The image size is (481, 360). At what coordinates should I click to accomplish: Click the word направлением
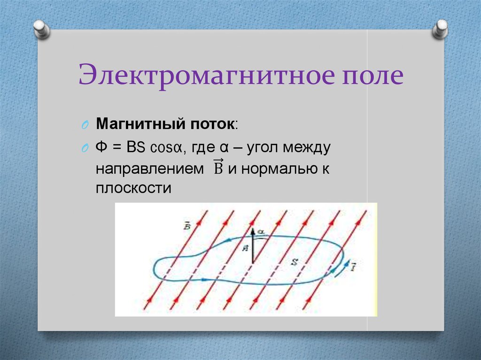tap(147, 169)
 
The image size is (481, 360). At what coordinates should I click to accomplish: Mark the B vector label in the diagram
tap(187, 226)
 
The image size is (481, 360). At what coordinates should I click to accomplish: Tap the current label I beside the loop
tap(353, 268)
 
